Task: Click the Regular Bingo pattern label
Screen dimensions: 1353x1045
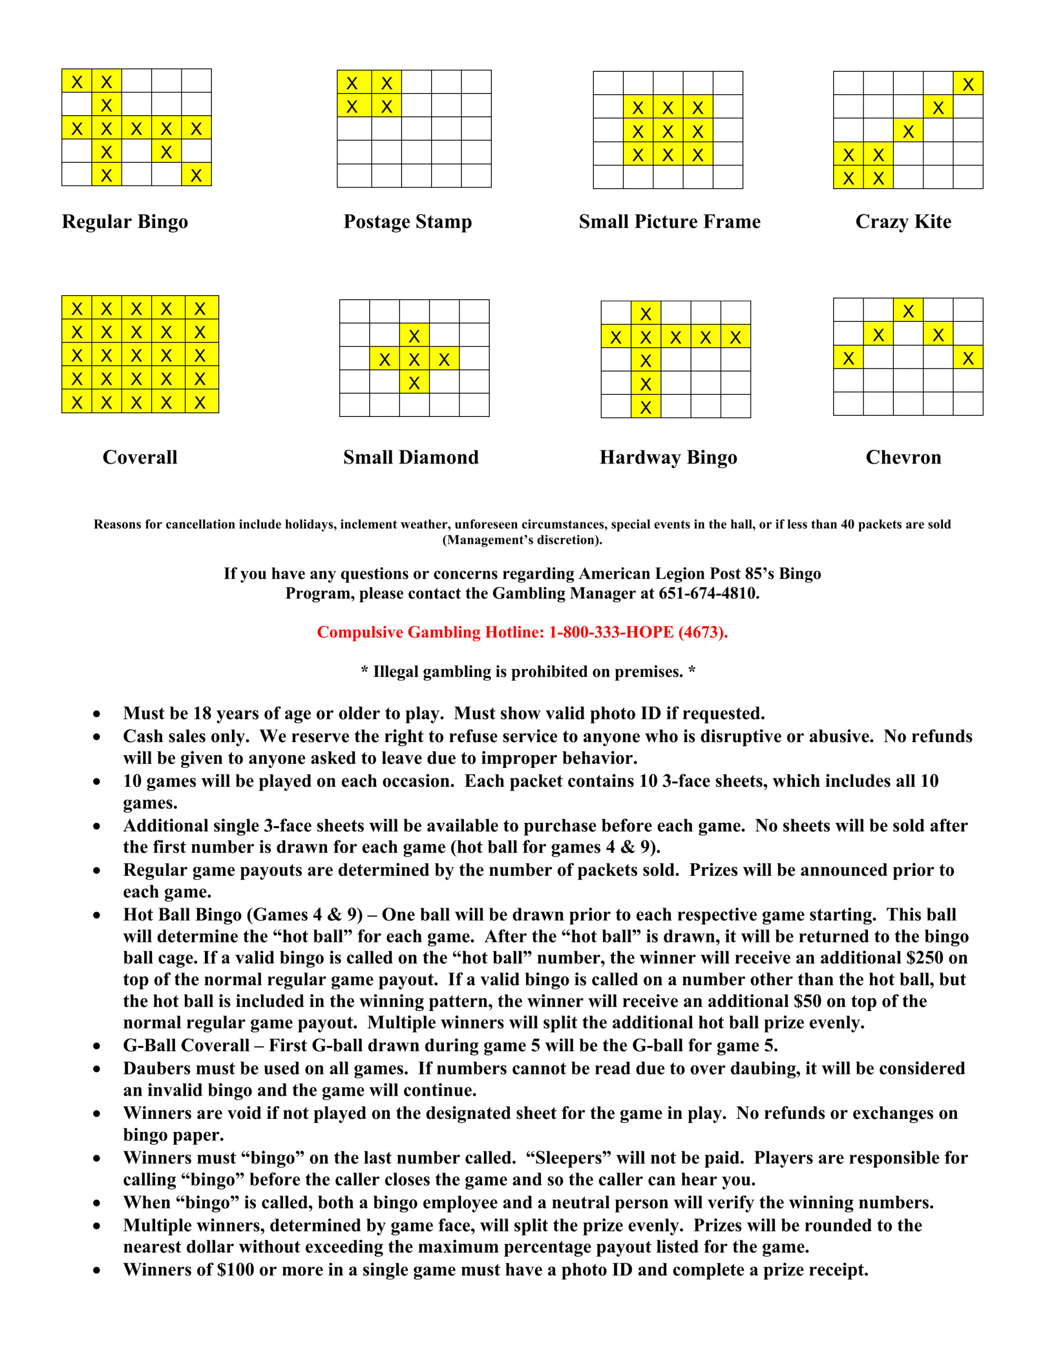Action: tap(125, 222)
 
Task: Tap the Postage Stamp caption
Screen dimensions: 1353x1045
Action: tap(408, 222)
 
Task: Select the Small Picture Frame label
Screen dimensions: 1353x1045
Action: tap(669, 222)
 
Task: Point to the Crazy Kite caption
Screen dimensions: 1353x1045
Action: tap(903, 222)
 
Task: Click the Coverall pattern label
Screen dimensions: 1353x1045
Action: tap(140, 457)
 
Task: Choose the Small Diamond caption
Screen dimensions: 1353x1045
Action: tap(410, 457)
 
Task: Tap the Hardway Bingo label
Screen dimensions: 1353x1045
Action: tap(668, 457)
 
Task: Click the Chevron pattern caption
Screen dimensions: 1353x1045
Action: tap(903, 457)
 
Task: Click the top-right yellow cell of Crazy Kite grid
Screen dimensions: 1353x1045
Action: tap(967, 84)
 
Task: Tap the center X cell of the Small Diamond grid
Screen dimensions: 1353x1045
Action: tap(414, 359)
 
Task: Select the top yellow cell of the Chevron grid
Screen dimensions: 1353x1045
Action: tap(908, 310)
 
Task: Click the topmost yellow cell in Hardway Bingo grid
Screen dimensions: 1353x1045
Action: tap(646, 313)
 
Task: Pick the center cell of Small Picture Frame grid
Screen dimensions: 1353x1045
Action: tap(668, 131)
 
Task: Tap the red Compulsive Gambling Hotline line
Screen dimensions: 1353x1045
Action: tap(522, 632)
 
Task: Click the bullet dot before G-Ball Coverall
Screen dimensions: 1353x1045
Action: tap(97, 1046)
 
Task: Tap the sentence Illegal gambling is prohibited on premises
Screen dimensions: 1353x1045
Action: tap(528, 672)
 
